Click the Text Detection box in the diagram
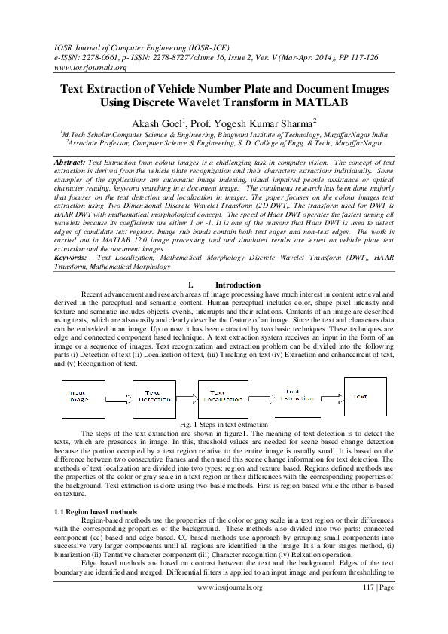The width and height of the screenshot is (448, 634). click(154, 396)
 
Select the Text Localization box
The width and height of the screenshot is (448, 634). click(223, 396)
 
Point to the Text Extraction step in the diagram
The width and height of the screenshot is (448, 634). click(297, 396)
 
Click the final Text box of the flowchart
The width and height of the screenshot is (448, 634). click(365, 396)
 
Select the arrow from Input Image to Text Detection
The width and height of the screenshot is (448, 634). click(117, 397)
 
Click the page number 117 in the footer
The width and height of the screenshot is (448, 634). click(369, 608)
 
